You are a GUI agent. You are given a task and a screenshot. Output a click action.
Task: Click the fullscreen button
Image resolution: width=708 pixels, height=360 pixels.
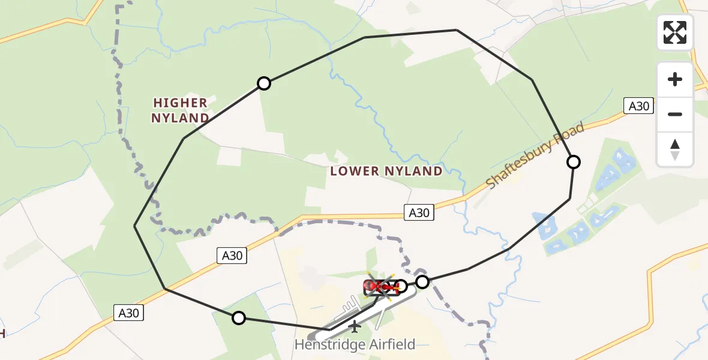point(675,32)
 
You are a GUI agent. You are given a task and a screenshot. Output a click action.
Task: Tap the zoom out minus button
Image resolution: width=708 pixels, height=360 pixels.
point(675,114)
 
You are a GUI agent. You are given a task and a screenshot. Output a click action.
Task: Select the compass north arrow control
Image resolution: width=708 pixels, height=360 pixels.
point(675,149)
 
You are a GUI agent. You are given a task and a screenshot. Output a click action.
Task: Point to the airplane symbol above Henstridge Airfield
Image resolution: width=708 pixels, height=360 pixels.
point(355,327)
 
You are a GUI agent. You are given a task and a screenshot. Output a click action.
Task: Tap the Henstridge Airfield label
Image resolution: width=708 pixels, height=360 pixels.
point(355,344)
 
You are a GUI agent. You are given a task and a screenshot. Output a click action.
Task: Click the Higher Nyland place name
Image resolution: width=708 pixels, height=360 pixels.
point(180,110)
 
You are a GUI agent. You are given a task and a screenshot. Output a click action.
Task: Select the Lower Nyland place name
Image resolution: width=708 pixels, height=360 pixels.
point(386,171)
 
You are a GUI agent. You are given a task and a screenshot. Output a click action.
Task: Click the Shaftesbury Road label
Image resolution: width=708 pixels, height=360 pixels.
point(535,157)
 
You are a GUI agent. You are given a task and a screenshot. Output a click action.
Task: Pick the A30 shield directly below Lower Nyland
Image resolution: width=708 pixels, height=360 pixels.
point(419,212)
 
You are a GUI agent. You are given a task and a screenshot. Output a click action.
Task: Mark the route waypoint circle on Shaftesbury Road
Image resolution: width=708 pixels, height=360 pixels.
point(574,162)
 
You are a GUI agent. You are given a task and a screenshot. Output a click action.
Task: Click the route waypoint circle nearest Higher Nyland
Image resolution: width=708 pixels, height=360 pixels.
point(263,83)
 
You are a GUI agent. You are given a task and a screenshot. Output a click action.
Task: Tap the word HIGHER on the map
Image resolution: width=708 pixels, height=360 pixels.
point(180,103)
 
